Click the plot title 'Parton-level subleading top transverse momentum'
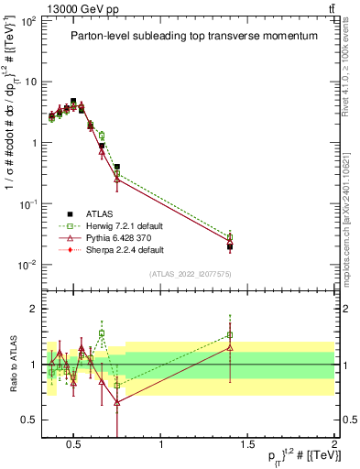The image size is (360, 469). pos(196,36)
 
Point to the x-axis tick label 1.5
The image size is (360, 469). pos(247,445)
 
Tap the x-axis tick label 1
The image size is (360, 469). pos(161,445)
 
